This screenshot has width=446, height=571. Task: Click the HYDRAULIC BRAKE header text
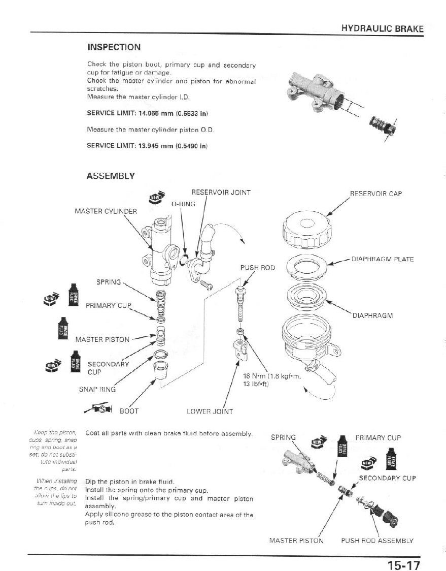pos(382,28)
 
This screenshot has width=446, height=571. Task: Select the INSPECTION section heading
pos(114,47)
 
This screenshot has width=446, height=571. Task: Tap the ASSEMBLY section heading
pos(111,176)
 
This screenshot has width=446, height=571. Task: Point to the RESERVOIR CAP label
pos(375,194)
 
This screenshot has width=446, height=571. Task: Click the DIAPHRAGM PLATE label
pos(383,259)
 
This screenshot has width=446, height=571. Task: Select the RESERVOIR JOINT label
pos(221,193)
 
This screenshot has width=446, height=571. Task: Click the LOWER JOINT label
pos(210,411)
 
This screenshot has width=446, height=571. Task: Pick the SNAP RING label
pos(97,389)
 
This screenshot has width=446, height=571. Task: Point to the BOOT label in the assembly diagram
pos(128,410)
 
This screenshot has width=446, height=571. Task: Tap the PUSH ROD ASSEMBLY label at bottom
pos(377,541)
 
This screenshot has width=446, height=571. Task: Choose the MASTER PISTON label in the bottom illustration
pos(296,541)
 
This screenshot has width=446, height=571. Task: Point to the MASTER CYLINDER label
pos(106,211)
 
